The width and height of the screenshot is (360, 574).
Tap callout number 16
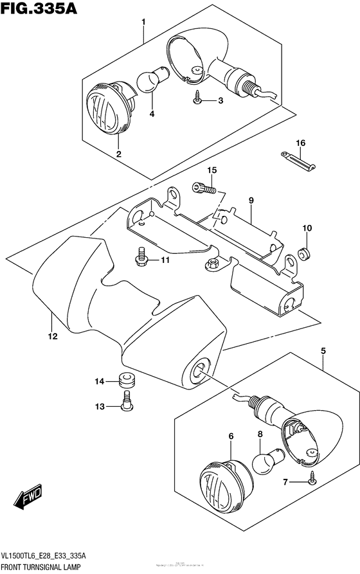pos(299,143)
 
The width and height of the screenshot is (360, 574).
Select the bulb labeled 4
pos(150,82)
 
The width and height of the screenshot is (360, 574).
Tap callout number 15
pos(212,170)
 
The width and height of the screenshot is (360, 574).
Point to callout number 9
pos(252,201)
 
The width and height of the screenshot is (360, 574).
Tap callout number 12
pos(52,335)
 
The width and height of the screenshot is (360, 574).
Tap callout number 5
pos(323,350)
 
